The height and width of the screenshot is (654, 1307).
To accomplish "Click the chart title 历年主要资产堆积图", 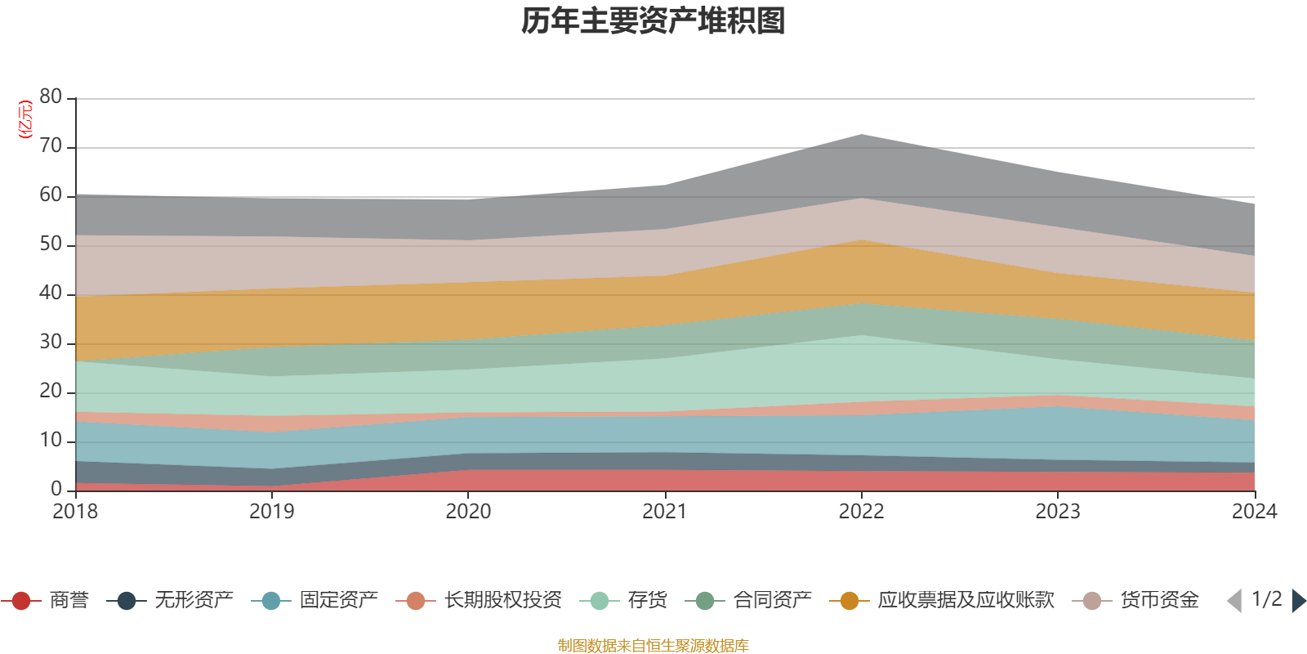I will coord(653,21).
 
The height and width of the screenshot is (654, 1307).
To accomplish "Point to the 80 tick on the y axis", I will coord(51,97).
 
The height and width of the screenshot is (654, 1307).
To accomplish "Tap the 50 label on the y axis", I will coord(51,244).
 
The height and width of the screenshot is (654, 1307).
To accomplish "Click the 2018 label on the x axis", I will coord(75,512).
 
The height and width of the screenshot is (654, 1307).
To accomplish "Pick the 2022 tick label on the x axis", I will coord(861,512).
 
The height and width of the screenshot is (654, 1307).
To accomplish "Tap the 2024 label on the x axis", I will coord(1254,512).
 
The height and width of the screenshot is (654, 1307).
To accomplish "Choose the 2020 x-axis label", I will coord(468,512).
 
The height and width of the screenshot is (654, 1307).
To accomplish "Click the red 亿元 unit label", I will coord(25,119).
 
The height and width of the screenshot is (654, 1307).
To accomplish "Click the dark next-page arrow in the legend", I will coord(1298,601).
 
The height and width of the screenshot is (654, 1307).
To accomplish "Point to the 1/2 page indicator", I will coord(1267,599).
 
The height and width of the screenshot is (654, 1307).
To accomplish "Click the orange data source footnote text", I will coord(653,646).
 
